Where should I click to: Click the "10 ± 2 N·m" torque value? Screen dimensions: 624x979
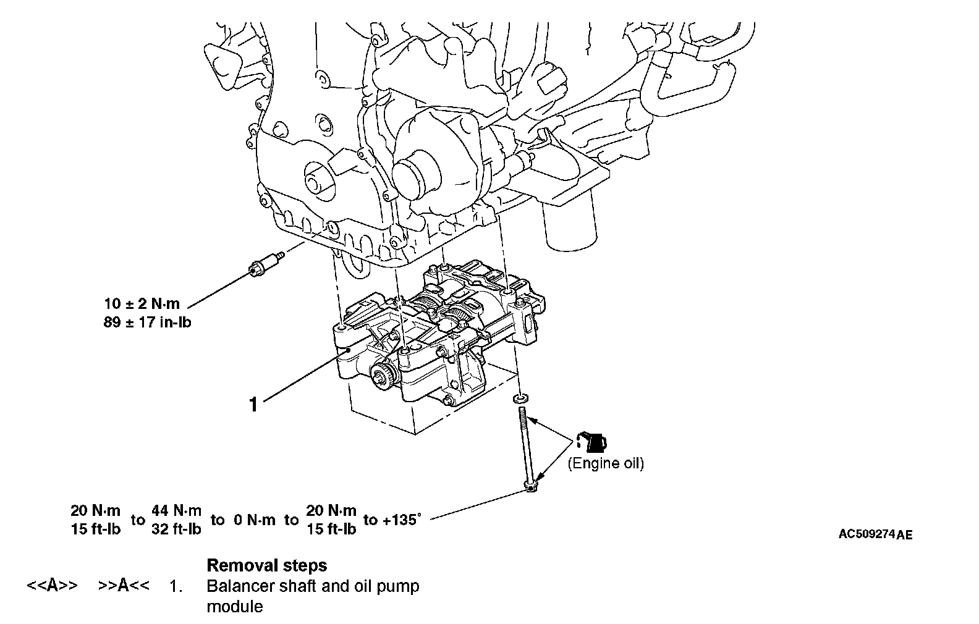pyautogui.click(x=142, y=303)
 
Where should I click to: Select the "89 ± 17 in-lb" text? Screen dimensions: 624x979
pyautogui.click(x=147, y=322)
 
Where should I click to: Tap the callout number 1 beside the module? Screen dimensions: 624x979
pyautogui.click(x=253, y=404)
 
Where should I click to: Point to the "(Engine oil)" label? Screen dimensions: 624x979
pyautogui.click(x=606, y=463)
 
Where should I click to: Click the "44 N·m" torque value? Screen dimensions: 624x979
pyautogui.click(x=177, y=511)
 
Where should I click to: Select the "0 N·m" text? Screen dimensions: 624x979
pyautogui.click(x=255, y=520)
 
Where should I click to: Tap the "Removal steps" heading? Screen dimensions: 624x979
pyautogui.click(x=267, y=565)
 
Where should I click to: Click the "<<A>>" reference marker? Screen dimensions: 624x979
pyautogui.click(x=53, y=586)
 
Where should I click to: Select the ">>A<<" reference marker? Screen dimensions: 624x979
pyautogui.click(x=124, y=586)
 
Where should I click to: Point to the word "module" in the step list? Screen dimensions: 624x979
pyautogui.click(x=234, y=606)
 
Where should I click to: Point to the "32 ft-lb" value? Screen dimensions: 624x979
pyautogui.click(x=177, y=529)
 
